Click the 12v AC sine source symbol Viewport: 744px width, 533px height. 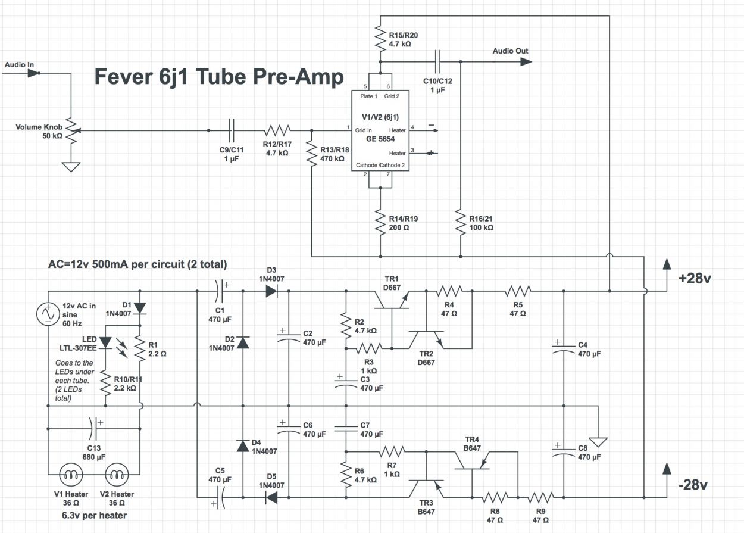tap(48, 314)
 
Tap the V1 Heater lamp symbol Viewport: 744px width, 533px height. tap(71, 475)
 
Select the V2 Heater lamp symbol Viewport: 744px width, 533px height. tap(117, 475)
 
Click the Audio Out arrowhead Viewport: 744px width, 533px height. tap(526, 61)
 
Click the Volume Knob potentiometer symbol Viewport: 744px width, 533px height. tap(72, 130)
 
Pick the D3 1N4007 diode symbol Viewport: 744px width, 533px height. tap(271, 291)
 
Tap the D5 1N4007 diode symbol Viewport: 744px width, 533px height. tap(271, 498)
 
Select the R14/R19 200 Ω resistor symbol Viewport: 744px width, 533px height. tap(380, 222)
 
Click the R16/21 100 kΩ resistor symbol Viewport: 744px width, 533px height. tap(460, 222)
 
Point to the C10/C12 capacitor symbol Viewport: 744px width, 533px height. tap(437, 61)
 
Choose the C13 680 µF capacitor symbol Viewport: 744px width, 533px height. tap(93, 429)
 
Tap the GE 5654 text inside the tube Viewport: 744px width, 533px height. tap(380, 139)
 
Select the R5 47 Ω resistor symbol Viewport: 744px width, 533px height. tap(518, 291)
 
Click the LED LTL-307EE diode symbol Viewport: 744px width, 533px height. tap(105, 342)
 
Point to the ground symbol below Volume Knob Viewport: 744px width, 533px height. tap(71, 167)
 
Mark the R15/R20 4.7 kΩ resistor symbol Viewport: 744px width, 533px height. tap(380, 39)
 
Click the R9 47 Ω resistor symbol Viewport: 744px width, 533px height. tap(540, 498)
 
